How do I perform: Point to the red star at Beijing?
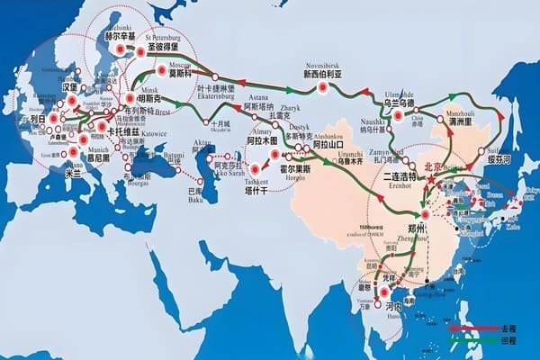[x=431, y=181]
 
